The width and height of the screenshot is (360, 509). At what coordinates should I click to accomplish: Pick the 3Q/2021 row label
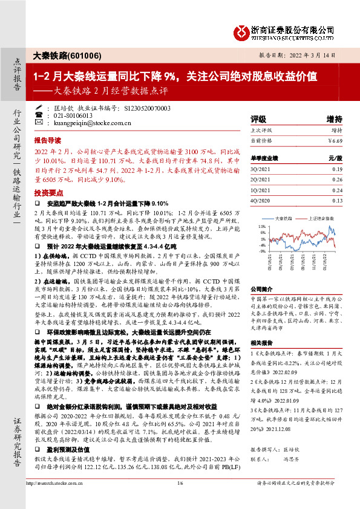[x=260, y=169]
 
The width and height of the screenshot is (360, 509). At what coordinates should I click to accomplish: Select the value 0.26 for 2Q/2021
[x=336, y=180]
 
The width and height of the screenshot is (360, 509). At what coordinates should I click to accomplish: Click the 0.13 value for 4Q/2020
[x=336, y=200]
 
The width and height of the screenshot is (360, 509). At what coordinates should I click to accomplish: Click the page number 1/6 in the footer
[x=180, y=499]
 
